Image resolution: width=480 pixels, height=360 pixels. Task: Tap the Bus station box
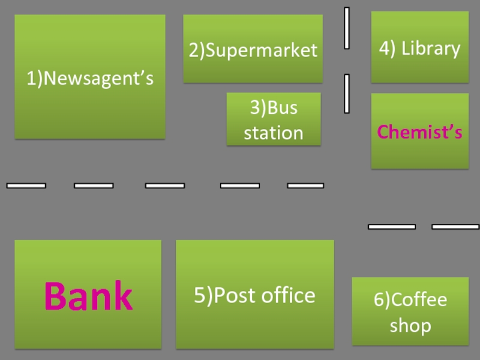(274, 119)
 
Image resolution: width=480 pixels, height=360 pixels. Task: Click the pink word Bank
(88, 295)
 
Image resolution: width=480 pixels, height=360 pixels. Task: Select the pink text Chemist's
(419, 132)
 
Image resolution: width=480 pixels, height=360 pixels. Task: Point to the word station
(274, 132)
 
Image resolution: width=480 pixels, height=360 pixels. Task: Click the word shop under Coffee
(410, 325)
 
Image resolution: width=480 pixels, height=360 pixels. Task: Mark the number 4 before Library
(383, 49)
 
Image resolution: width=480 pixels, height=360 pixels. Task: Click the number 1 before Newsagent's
(29, 78)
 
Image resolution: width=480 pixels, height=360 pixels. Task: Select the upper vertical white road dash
(347, 28)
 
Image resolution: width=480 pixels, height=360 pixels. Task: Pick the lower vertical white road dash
(347, 94)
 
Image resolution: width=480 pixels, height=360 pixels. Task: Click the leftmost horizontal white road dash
(26, 186)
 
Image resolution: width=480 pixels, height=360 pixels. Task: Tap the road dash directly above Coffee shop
(383, 227)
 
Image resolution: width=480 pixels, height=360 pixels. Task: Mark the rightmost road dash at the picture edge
(455, 227)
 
